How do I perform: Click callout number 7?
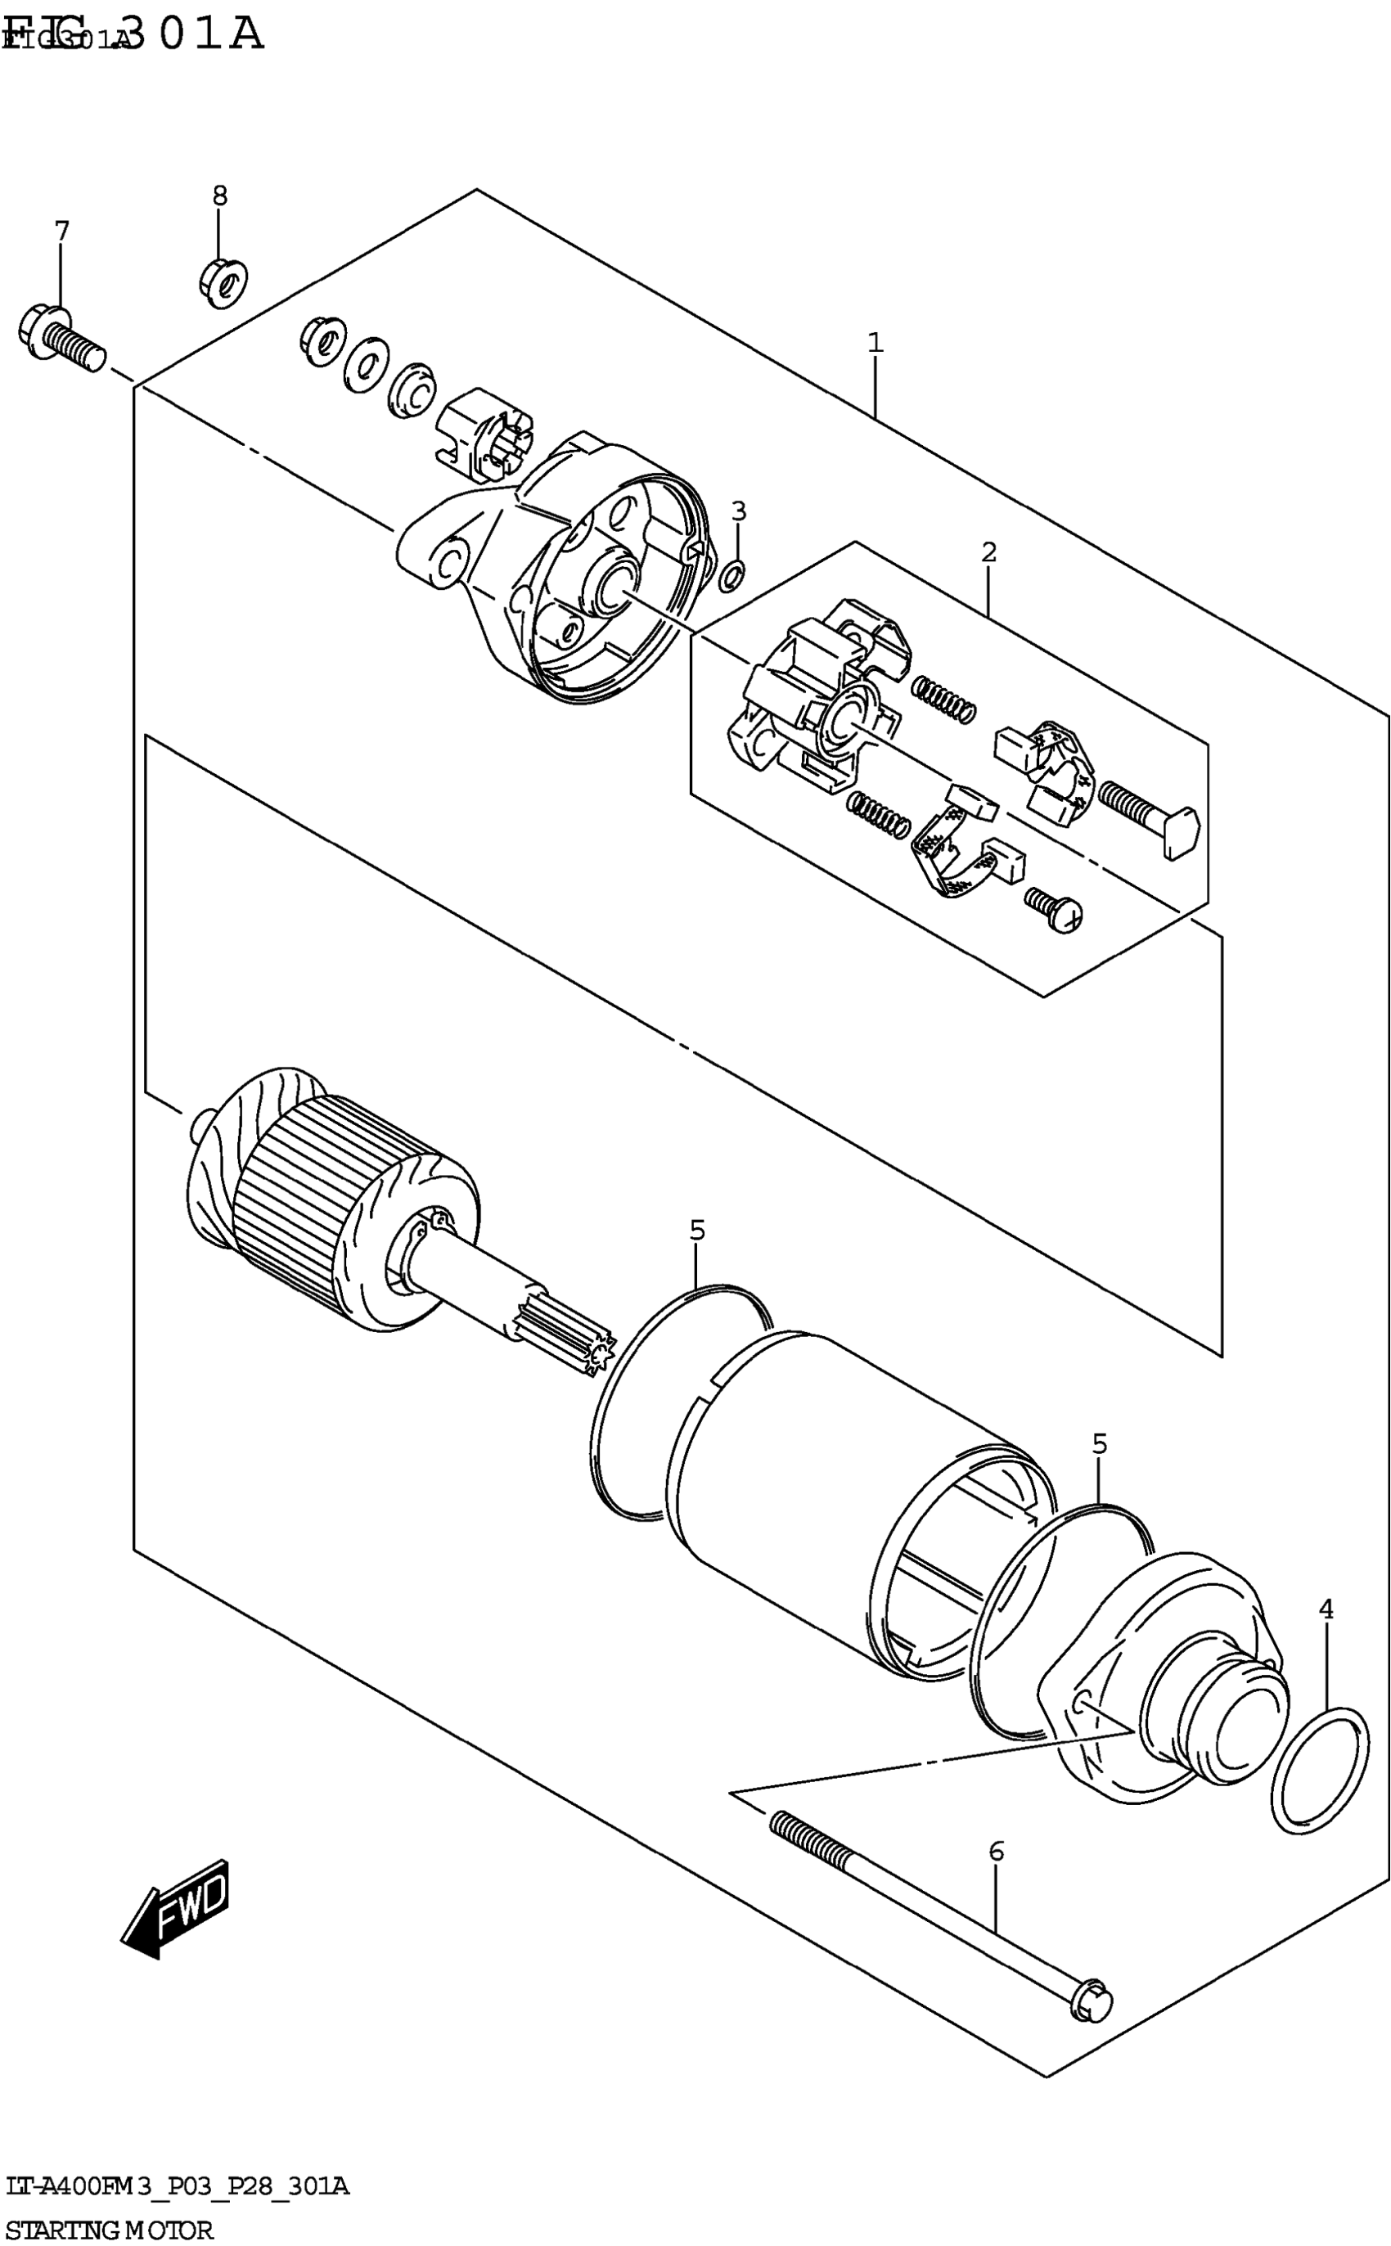(61, 231)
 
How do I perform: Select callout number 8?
(220, 195)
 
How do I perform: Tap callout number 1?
(875, 343)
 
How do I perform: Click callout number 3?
(738, 511)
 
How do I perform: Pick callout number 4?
(1325, 1609)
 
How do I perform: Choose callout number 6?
(996, 1851)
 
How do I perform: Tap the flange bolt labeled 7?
(61, 338)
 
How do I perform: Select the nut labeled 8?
(223, 281)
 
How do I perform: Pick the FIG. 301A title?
(133, 34)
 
